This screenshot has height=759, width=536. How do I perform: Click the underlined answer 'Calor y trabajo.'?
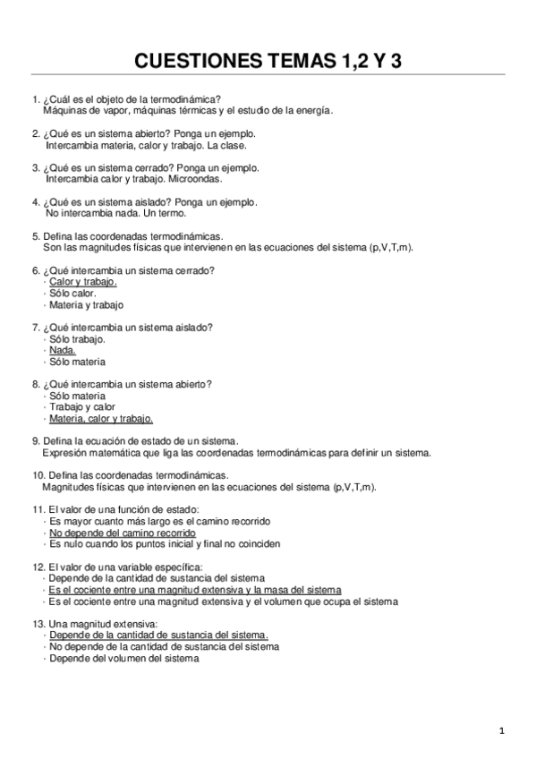[x=83, y=281]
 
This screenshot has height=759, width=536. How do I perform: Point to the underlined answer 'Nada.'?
[x=63, y=350]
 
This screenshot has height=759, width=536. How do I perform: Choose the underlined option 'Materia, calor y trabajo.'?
[x=101, y=418]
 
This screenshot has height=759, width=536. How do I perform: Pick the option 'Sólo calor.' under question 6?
[x=72, y=293]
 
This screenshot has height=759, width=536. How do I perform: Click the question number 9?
[x=35, y=440]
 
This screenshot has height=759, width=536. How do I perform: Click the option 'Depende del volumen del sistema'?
[x=123, y=658]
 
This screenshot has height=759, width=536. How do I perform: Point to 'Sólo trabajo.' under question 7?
[x=78, y=339]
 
